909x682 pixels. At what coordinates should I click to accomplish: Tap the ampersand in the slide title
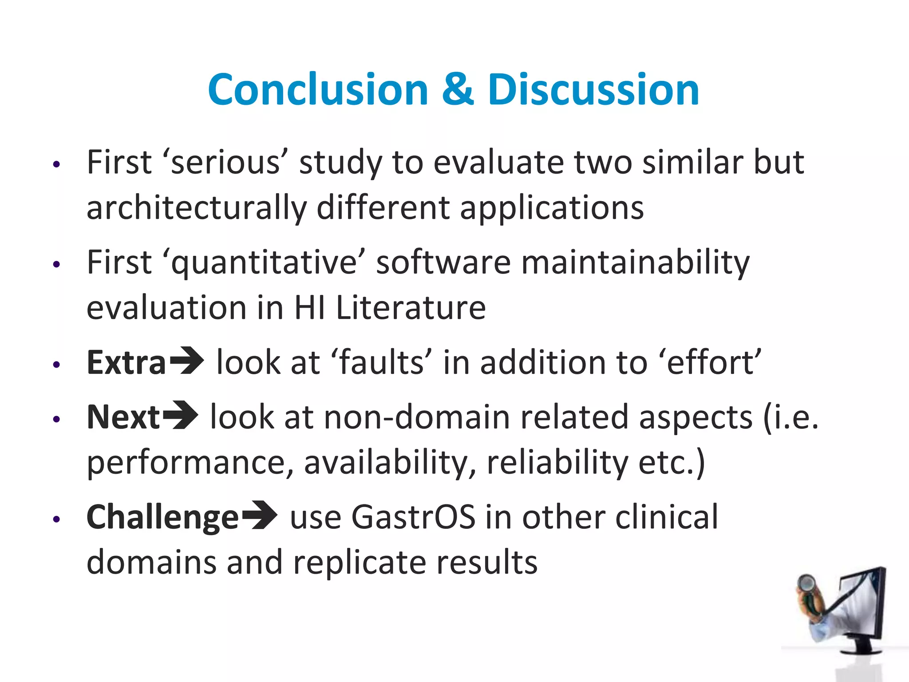pyautogui.click(x=458, y=90)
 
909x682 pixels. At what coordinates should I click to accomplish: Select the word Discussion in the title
pyautogui.click(x=593, y=90)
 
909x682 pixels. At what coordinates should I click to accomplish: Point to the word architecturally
pyautogui.click(x=197, y=208)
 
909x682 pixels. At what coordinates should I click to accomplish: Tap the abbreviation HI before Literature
pyautogui.click(x=309, y=308)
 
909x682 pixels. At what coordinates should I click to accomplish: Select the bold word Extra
pyautogui.click(x=126, y=362)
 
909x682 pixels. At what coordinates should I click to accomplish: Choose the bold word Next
pyautogui.click(x=123, y=417)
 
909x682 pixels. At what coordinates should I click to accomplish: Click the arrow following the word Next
pyautogui.click(x=180, y=416)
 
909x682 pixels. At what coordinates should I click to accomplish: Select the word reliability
pyautogui.click(x=557, y=463)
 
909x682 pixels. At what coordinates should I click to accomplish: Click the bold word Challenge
pyautogui.click(x=163, y=517)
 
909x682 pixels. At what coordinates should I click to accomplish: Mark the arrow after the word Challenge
pyautogui.click(x=260, y=515)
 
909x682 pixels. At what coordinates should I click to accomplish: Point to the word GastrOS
pyautogui.click(x=413, y=517)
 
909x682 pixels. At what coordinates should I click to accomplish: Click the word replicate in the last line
pyautogui.click(x=360, y=563)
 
